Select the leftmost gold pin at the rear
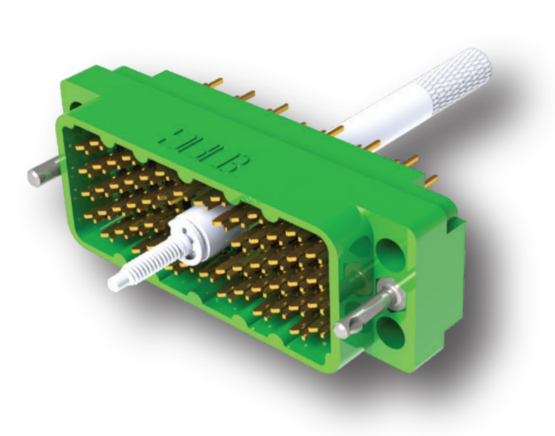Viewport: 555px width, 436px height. click(x=213, y=84)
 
